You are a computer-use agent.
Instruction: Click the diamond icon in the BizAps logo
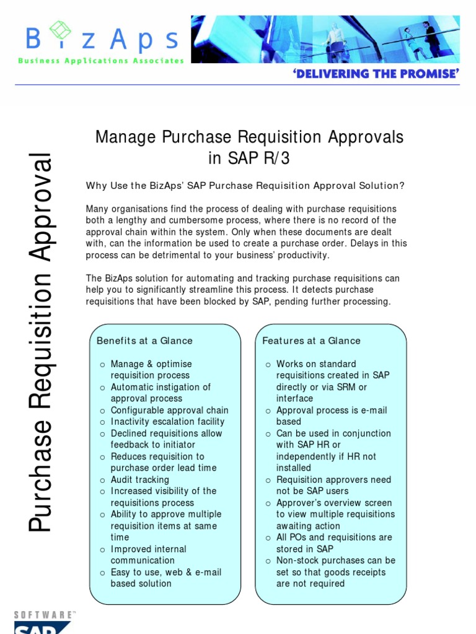click(x=60, y=30)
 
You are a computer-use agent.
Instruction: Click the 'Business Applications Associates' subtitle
click(x=101, y=61)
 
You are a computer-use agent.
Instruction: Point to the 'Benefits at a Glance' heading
click(x=144, y=341)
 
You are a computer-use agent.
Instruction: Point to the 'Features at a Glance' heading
click(x=311, y=341)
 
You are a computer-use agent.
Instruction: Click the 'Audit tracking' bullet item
click(x=139, y=480)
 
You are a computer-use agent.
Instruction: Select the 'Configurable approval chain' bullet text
click(x=169, y=410)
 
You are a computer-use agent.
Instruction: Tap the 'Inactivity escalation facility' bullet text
click(x=167, y=422)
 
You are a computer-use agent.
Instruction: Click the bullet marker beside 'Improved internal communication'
click(x=102, y=550)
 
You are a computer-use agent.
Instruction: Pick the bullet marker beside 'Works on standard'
click(x=268, y=365)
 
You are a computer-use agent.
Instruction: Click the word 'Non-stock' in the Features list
click(x=297, y=561)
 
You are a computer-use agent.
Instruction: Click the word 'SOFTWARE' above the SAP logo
click(x=43, y=615)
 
